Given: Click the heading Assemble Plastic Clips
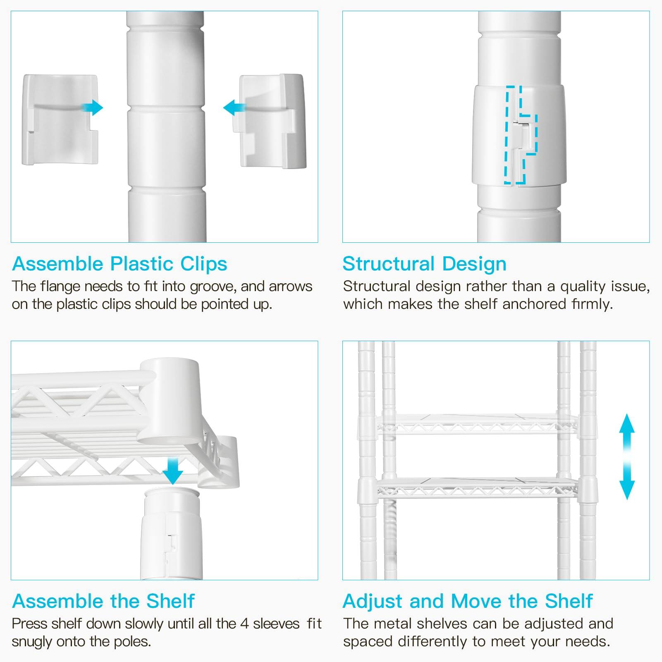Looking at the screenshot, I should coord(119,264).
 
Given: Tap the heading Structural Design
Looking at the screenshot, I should coord(424,264).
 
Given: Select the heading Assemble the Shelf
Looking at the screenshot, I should coord(103,601).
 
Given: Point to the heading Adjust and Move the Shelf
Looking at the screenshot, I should coord(468,601).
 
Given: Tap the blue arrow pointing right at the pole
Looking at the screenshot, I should coord(92,108).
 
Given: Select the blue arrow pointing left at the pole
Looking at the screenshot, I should coord(234,108).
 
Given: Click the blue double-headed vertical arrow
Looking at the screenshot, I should coord(627,456).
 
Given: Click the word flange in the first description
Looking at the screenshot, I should coord(58,286).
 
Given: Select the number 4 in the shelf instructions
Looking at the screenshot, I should coord(244,624).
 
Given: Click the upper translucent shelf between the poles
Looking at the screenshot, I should coord(476,424).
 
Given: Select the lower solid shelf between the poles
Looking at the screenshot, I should coord(476,486).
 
